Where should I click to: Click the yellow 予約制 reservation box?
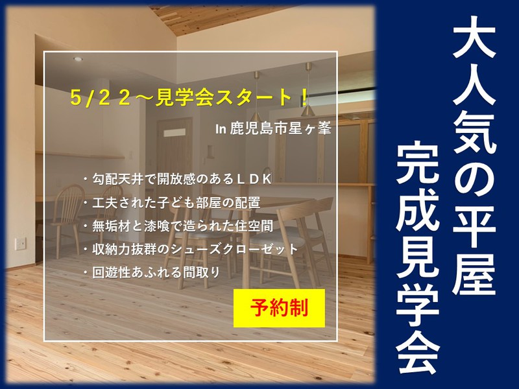click(279, 308)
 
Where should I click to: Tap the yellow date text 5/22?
click(101, 98)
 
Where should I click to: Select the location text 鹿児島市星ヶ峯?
click(280, 128)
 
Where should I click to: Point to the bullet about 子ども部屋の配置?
click(172, 203)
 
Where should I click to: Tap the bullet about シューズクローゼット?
click(191, 250)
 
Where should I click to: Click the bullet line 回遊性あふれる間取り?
click(152, 273)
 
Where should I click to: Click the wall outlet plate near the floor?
click(21, 244)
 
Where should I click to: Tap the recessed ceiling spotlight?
click(78, 59)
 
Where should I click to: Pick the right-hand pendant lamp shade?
click(308, 110)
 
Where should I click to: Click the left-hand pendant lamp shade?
click(256, 116)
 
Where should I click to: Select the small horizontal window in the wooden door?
click(175, 133)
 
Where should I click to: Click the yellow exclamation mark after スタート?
click(304, 98)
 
